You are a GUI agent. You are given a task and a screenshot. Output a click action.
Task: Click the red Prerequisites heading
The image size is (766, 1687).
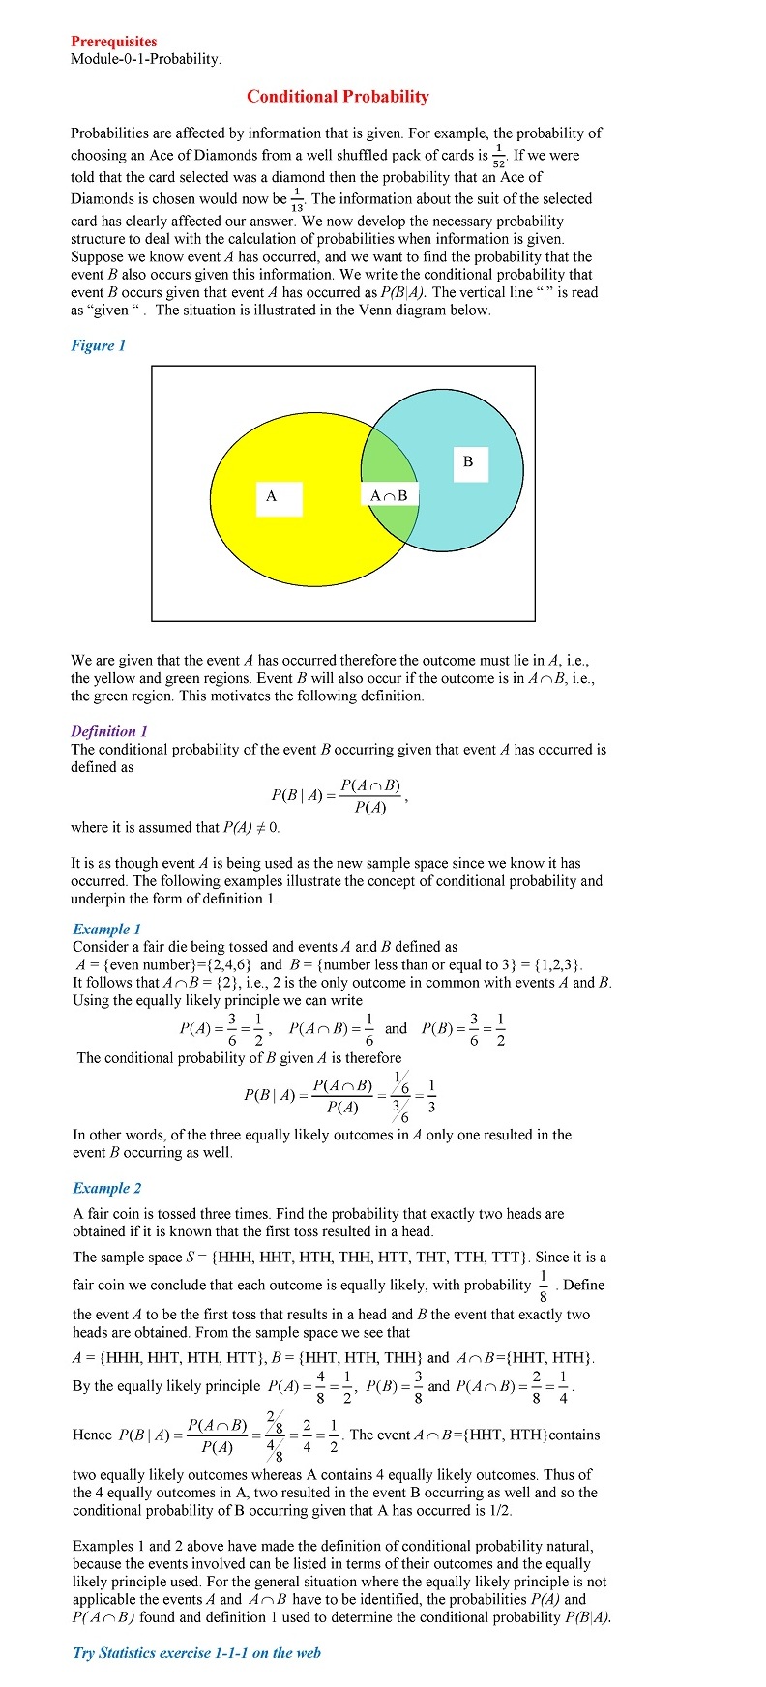click(113, 42)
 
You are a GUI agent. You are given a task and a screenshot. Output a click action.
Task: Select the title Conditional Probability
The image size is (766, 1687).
click(338, 96)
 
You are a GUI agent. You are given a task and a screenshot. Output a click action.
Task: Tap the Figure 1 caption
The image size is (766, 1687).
click(98, 345)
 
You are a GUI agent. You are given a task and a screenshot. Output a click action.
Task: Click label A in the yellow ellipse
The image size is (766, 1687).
click(272, 496)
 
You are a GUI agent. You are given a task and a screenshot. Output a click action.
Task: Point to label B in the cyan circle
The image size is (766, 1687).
click(468, 462)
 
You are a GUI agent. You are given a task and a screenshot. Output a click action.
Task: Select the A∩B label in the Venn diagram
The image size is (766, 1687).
click(389, 496)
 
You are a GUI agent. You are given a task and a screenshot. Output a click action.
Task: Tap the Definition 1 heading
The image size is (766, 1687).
click(109, 731)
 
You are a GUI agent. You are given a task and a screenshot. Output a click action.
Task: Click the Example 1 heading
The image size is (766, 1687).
click(106, 929)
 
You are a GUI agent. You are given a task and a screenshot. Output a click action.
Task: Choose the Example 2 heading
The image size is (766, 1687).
click(106, 1188)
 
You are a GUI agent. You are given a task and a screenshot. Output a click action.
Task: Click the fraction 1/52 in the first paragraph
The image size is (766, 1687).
click(499, 157)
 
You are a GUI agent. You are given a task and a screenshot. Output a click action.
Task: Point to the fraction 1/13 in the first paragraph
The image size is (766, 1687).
click(296, 201)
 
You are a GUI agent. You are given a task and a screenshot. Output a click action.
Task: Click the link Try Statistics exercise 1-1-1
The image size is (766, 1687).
click(196, 1652)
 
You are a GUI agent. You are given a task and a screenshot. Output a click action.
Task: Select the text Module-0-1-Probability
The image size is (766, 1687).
click(145, 59)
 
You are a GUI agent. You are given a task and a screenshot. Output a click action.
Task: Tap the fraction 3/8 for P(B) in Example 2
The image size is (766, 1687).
click(418, 1385)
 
